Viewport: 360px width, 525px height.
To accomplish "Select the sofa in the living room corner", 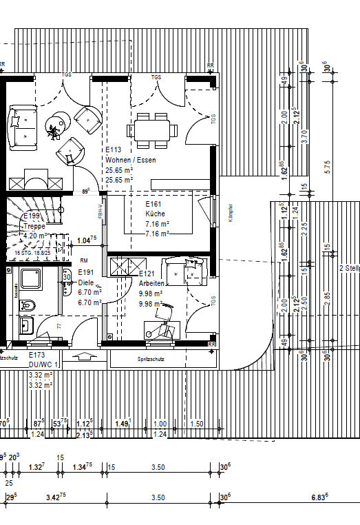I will coord(23,127).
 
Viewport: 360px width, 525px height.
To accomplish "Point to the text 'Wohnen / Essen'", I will coord(130,160).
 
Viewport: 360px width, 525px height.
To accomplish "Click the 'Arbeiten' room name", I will coord(152,283).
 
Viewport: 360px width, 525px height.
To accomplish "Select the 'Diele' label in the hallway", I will coord(86,282).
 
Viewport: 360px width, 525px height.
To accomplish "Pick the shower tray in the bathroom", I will coord(30,278).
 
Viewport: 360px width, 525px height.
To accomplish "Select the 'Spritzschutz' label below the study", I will coord(151,360).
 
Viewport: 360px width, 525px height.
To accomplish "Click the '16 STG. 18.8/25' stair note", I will coord(33,254).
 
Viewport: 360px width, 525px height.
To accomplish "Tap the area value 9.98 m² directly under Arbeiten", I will coord(151,293).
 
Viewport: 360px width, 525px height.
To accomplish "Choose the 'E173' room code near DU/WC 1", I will coord(37,354).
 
